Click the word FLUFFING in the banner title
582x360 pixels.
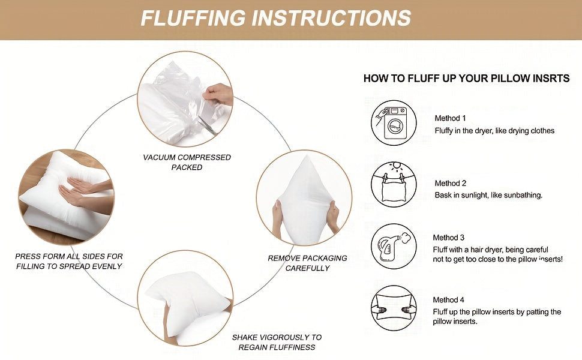coord(193,18)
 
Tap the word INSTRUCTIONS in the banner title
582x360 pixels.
coord(331,18)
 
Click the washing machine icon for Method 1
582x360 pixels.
coord(394,122)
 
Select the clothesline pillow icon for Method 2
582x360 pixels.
coord(394,184)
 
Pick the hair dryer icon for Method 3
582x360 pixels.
coord(394,246)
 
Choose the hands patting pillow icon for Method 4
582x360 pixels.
coord(394,308)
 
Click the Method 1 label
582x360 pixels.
coord(450,118)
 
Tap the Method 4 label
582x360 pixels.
coord(448,299)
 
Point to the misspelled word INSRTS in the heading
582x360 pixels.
coord(551,79)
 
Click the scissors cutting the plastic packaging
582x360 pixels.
coord(207,125)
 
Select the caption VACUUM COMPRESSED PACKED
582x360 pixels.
coord(187,162)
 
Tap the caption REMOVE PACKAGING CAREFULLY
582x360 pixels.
coord(307,263)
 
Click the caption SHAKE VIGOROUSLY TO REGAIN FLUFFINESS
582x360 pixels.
coord(277,342)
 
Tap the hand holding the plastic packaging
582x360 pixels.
coord(218,94)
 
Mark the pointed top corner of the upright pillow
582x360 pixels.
coord(307,156)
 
